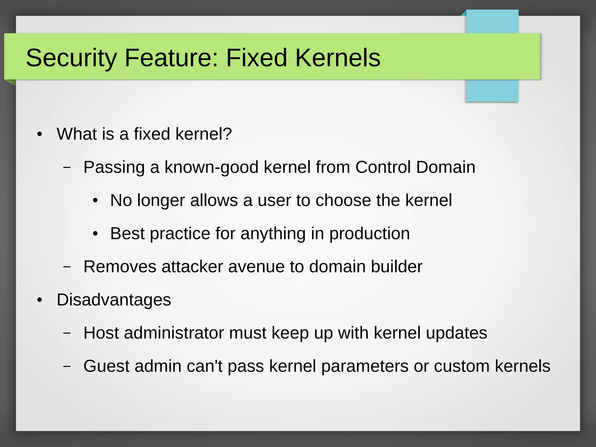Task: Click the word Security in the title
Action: coord(71,58)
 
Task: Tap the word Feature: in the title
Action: coord(171,58)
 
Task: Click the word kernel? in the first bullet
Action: coord(203,134)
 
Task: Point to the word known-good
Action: coord(212,167)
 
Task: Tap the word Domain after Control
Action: coord(446,167)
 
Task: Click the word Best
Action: coord(127,233)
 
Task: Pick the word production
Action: coord(369,234)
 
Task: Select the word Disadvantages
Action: coord(114,300)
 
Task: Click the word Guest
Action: coord(106,366)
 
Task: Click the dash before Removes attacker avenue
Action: coord(67,267)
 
